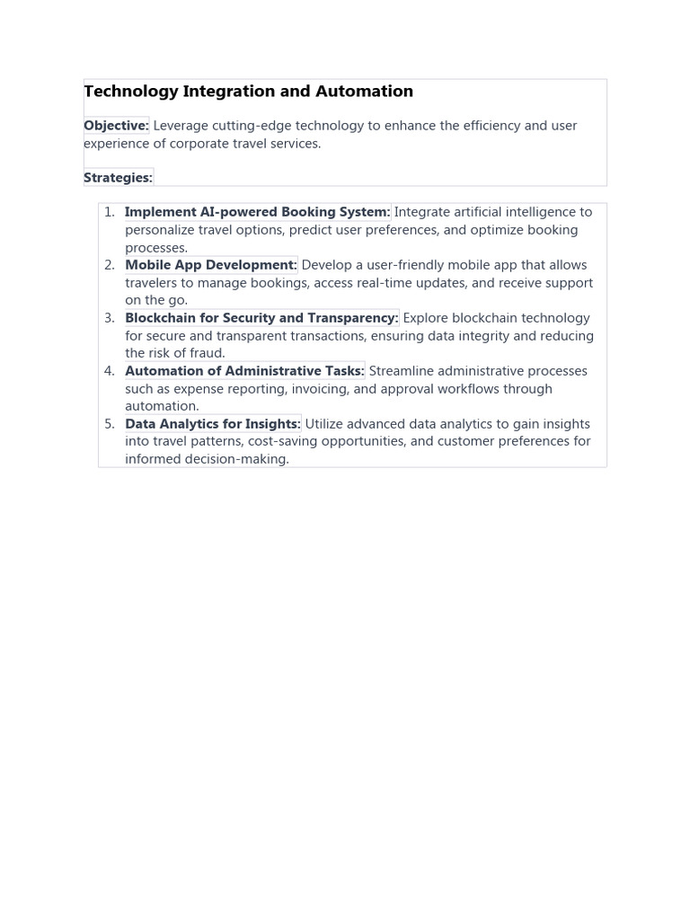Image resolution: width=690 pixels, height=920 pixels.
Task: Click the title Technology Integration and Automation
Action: [x=248, y=92]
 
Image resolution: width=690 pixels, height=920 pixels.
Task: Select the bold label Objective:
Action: [x=117, y=126]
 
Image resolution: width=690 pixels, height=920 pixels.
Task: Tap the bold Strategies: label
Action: [x=118, y=178]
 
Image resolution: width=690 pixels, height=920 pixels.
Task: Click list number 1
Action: [x=109, y=212]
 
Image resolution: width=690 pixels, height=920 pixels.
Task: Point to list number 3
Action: [x=109, y=318]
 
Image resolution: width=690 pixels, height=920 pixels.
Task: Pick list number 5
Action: [x=109, y=424]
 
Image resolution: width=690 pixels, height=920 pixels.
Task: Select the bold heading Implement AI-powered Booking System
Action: [x=257, y=212]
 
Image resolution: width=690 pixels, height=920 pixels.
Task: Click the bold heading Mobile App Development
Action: [x=210, y=265]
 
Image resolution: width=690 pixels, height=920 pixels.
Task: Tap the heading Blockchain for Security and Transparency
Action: [x=261, y=318]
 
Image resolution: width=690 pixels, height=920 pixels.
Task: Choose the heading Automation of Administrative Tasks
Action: [x=244, y=371]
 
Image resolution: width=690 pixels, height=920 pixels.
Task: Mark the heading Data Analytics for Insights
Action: [x=212, y=424]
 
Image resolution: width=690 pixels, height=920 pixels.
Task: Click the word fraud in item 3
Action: [x=208, y=353]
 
